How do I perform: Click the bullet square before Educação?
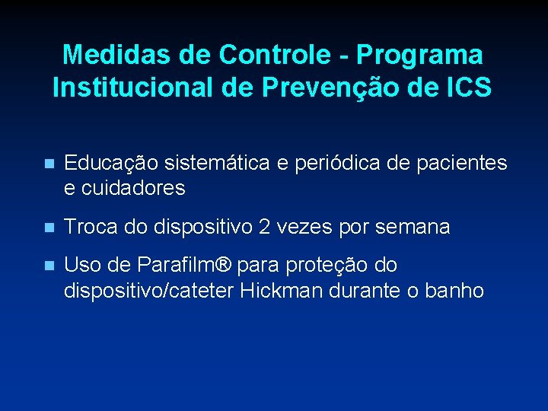(49, 164)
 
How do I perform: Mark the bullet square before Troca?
(49, 228)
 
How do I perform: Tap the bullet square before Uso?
(49, 266)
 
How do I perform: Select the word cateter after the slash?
(205, 290)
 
